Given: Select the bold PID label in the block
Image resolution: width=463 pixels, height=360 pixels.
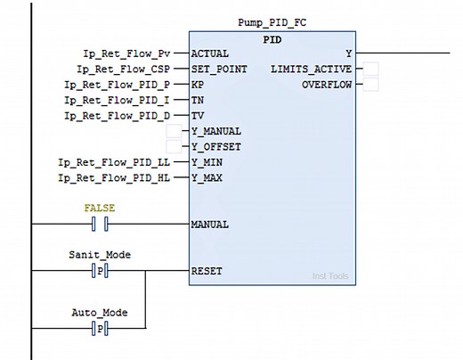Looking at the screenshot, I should coord(273,40).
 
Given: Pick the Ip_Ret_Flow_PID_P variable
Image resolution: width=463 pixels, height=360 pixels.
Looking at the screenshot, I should coord(124,85).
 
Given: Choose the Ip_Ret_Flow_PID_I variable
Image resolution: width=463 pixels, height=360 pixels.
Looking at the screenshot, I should coord(124,100).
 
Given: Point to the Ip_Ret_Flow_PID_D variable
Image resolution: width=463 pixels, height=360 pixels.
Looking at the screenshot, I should coord(124,116).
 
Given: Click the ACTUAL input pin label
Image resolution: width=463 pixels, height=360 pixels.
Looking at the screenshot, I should coord(210,53).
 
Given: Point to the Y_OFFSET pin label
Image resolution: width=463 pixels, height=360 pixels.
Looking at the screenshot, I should coord(216,147).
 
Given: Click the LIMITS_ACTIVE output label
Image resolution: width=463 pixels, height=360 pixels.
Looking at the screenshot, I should coord(314,69).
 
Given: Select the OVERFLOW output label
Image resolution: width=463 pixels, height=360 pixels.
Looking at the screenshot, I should coord(327,85).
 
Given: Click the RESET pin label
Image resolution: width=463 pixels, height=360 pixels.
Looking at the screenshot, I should coord(207,271).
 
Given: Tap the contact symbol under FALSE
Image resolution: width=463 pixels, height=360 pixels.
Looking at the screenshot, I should coord(100,224).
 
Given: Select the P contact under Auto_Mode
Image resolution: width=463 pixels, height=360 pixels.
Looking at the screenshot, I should coord(100,329).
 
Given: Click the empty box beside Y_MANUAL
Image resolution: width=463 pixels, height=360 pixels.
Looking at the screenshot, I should coord(175,132).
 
